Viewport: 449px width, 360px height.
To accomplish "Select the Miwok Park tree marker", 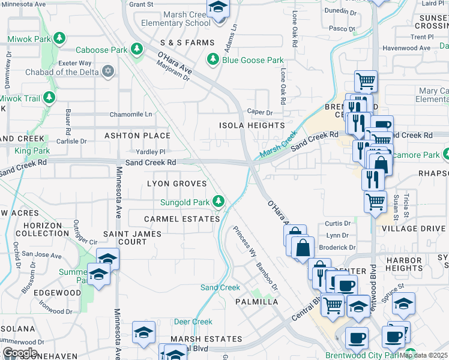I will pos(59,38).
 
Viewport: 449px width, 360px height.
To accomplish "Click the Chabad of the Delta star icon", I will pos(108,72).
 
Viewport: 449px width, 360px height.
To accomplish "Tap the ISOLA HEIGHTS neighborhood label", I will pos(252,125).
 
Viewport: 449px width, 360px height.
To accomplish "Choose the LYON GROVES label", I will pos(177,184).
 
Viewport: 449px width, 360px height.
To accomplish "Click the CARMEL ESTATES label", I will pos(182,219).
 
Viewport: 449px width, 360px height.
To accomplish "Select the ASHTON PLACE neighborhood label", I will pos(137,136).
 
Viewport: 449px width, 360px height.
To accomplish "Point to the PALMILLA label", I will pos(257,302).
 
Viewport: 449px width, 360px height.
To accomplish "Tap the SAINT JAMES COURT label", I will pos(125,238).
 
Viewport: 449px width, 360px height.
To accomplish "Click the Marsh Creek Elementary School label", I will pos(167,19).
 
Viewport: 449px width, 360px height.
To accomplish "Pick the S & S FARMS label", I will pos(187,43).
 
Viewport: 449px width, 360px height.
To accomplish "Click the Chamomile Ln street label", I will pos(130,114).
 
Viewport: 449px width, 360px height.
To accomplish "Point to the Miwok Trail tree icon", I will pos(49,98).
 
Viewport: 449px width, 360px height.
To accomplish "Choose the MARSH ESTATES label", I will pos(206,339).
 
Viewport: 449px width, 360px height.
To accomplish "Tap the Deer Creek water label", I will pos(193,322).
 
